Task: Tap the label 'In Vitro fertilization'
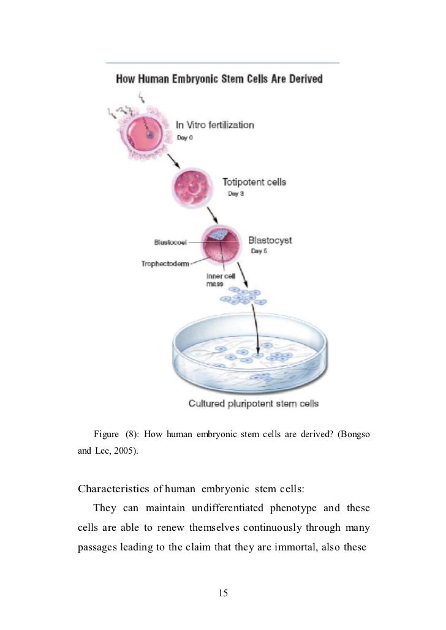click(x=215, y=125)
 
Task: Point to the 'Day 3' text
click(x=236, y=194)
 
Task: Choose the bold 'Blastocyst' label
click(x=270, y=240)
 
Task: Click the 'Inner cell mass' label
click(x=217, y=280)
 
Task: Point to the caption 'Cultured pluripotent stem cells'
click(x=254, y=403)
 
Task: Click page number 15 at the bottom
click(x=223, y=593)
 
